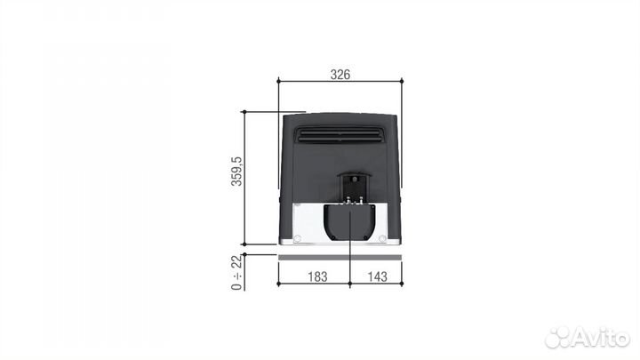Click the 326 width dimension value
(x=340, y=75)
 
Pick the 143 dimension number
(x=376, y=276)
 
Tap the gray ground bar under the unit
(x=340, y=258)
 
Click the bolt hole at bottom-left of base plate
(x=299, y=237)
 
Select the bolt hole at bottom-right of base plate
(x=383, y=237)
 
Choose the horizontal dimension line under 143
(x=377, y=285)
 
